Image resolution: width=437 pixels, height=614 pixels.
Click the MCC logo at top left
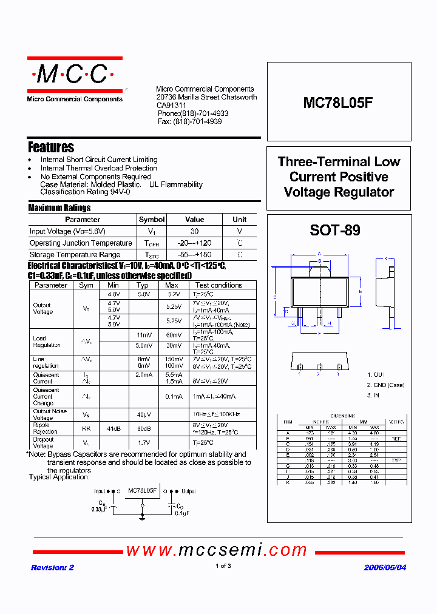(74, 75)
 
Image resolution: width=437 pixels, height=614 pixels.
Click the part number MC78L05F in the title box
(338, 103)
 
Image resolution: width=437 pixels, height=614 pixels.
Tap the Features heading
(51, 147)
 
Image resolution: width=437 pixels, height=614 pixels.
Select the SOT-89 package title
(334, 231)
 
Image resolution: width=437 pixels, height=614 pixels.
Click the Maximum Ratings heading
(59, 207)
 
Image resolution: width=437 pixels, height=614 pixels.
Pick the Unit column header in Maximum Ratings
(240, 220)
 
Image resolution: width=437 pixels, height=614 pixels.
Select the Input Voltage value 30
(194, 231)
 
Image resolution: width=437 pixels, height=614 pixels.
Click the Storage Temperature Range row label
(75, 255)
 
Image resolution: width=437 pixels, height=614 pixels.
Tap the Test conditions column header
(218, 285)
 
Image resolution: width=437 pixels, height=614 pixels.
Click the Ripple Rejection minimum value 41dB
(113, 428)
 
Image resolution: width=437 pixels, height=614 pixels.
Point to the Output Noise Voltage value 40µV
(143, 414)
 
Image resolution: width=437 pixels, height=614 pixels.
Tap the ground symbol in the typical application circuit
(142, 517)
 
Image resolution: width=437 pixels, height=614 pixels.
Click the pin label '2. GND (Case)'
(385, 385)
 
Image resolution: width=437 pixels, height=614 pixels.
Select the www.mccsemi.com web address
(217, 550)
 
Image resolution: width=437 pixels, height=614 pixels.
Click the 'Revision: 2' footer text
(52, 567)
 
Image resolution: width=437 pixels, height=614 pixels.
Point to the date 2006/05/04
(385, 567)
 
